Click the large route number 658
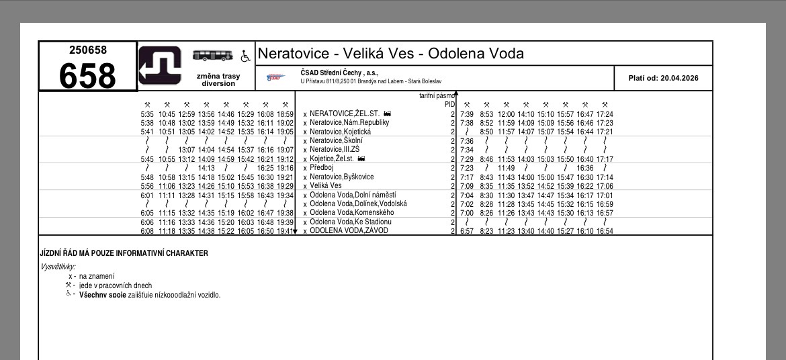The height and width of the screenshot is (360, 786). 87,75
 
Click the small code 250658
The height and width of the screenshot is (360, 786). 87,50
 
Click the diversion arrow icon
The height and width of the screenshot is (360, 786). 160,66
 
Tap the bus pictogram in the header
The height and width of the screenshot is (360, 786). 214,55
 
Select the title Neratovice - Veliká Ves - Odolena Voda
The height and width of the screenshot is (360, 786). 390,54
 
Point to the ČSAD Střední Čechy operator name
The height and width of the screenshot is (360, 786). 339,73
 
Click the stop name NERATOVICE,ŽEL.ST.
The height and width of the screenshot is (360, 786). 345,114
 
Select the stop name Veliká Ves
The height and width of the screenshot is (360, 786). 326,185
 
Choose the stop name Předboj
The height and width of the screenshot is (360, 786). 322,167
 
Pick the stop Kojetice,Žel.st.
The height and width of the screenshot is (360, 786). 333,159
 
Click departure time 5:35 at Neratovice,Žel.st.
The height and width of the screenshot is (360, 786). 147,114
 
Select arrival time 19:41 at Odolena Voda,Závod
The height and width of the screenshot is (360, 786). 285,231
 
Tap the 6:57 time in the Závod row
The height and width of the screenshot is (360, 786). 467,231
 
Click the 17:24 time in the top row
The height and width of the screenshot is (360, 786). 605,114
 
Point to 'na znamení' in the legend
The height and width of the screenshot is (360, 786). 96,276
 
